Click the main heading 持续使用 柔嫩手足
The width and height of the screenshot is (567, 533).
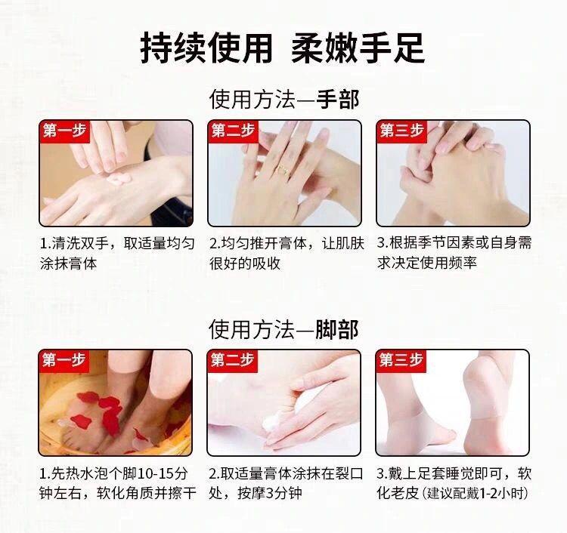(x=282, y=48)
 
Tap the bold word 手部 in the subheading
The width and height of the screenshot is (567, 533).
(x=338, y=100)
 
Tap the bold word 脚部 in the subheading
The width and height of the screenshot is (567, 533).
(x=337, y=329)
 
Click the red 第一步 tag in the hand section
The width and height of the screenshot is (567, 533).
(x=65, y=131)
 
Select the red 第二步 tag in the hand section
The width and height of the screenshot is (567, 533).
(x=234, y=131)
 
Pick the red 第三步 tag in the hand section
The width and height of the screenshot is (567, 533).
(x=401, y=131)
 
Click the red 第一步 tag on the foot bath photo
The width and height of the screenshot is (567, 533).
(x=64, y=361)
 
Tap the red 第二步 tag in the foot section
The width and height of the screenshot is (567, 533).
(x=233, y=361)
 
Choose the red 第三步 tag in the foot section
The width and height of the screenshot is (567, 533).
(x=401, y=361)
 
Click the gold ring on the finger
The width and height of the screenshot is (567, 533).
(x=283, y=169)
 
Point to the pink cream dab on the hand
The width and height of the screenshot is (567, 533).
(x=119, y=177)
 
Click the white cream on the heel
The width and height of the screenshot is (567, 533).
(x=272, y=424)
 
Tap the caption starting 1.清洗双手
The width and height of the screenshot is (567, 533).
(x=117, y=254)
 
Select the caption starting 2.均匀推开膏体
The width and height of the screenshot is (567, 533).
(x=287, y=254)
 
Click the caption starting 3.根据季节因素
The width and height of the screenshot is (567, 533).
(x=454, y=253)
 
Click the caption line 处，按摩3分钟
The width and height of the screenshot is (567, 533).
(x=256, y=493)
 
